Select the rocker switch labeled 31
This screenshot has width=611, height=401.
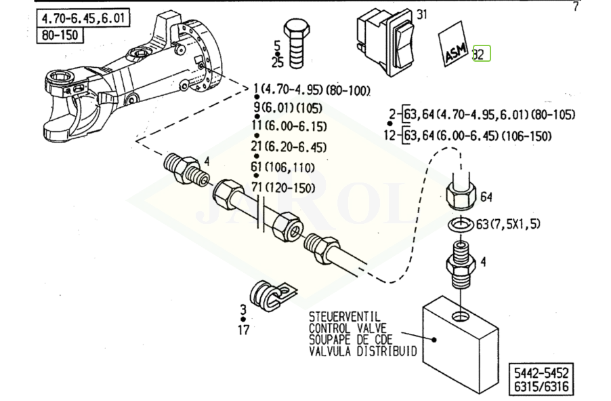click(x=384, y=43)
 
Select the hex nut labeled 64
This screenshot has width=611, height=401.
click(x=462, y=194)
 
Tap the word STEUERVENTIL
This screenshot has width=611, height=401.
click(x=344, y=317)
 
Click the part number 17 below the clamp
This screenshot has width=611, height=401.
click(x=243, y=330)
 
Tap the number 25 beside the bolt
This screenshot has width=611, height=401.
click(x=277, y=63)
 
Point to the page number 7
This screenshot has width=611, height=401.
click(x=576, y=7)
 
